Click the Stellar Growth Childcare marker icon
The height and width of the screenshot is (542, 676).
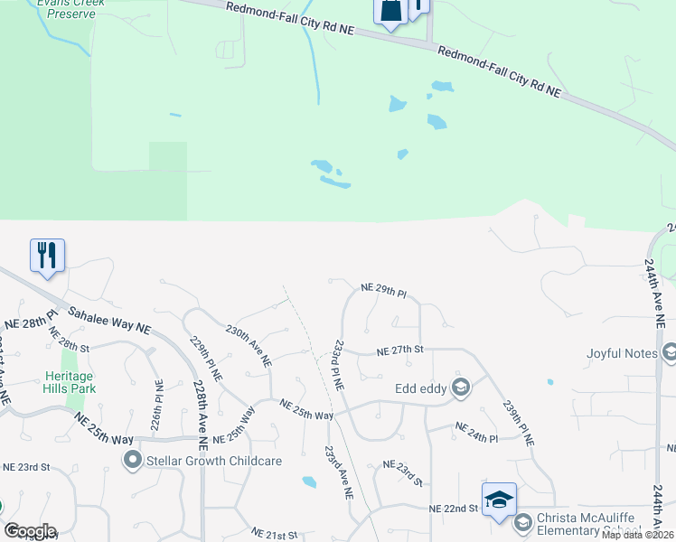pos(133,462)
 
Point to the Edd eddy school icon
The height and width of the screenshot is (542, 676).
pos(461,388)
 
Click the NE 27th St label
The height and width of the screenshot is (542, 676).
pos(399,350)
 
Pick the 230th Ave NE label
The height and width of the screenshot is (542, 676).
pos(249,346)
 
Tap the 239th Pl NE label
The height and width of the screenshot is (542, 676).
pos(519,422)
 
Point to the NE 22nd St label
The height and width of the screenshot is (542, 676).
pos(454,509)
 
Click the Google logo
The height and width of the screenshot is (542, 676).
pos(30,530)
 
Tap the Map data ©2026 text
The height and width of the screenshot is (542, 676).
pos(637,535)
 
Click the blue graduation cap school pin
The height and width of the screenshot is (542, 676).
pos(499,500)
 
